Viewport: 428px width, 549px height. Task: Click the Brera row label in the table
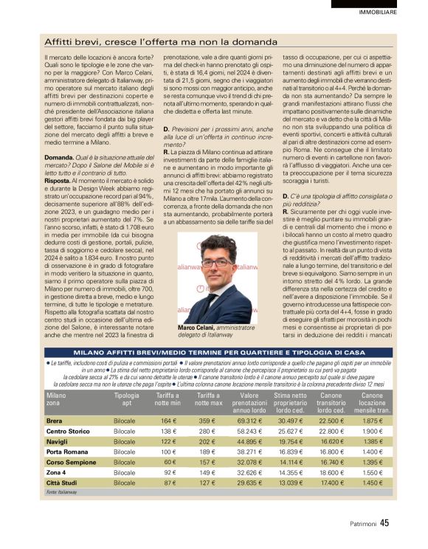(54, 420)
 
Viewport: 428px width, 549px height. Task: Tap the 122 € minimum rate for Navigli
(168, 441)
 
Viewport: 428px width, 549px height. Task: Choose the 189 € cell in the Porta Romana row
(207, 451)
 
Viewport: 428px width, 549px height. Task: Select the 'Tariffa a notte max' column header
(209, 399)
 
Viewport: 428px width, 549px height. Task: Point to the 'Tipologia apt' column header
(126, 399)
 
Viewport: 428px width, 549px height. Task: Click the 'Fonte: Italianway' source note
(61, 491)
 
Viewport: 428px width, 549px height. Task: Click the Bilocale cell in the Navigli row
(125, 441)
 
